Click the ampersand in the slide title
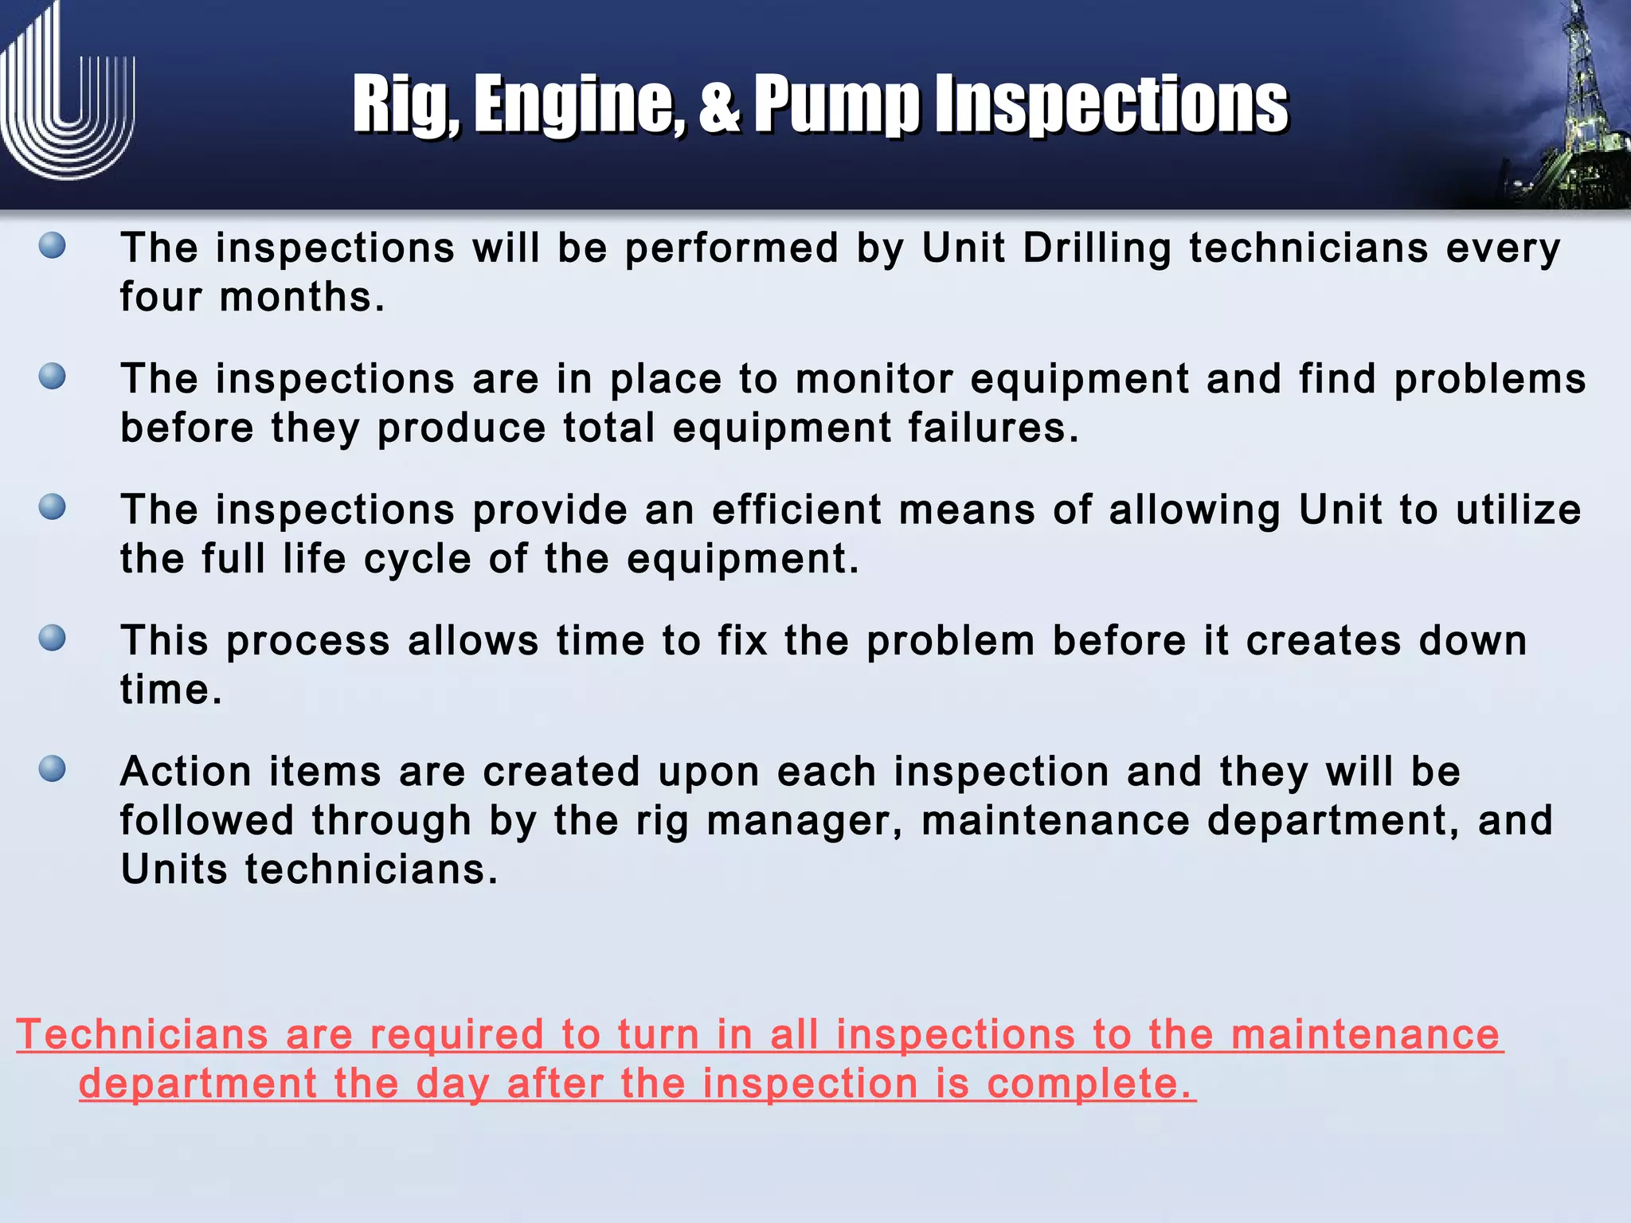click(719, 105)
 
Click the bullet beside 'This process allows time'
click(53, 639)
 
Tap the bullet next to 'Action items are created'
click(53, 769)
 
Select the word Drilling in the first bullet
click(1097, 248)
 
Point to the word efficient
click(796, 510)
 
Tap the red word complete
click(1090, 1084)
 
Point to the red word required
click(457, 1035)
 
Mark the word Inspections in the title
click(1111, 105)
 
